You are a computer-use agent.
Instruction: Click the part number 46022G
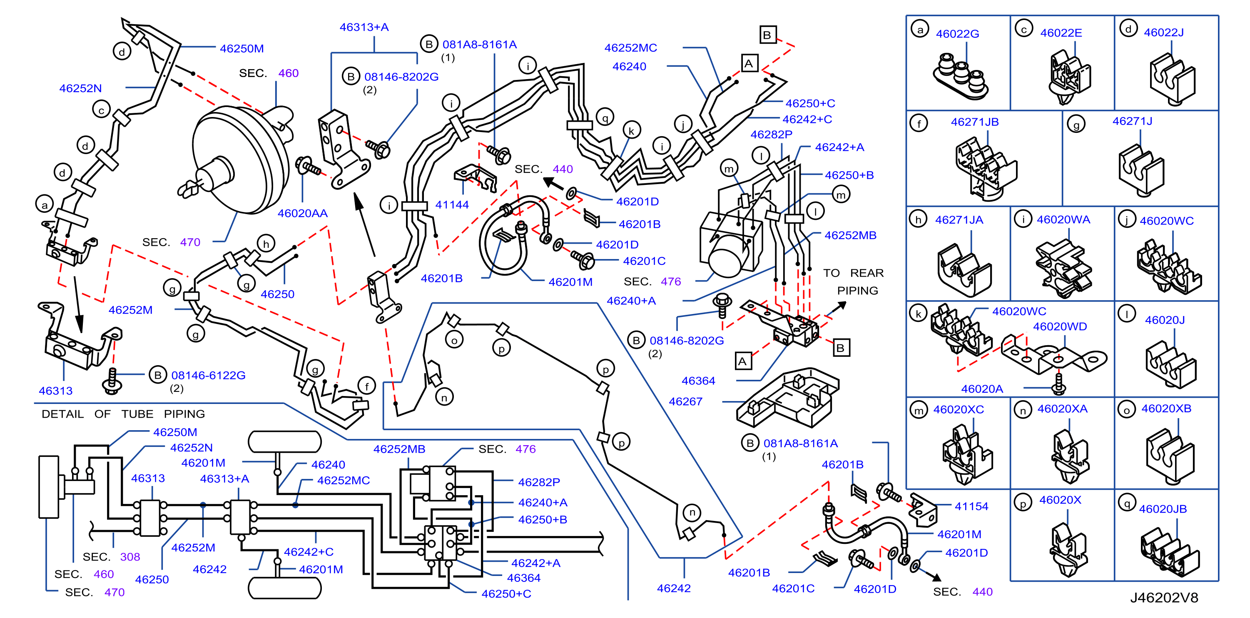click(x=957, y=34)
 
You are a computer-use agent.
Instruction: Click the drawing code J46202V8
click(x=1164, y=598)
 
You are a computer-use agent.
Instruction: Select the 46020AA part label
click(x=302, y=213)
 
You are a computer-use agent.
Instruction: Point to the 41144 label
click(x=452, y=205)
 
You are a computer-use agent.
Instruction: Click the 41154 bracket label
click(x=971, y=506)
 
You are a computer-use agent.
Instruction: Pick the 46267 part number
click(x=685, y=401)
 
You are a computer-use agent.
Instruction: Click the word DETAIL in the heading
click(x=62, y=414)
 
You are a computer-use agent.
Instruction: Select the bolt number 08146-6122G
click(x=208, y=375)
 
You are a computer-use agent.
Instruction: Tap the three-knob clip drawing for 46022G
click(x=960, y=78)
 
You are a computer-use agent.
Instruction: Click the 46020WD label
click(x=1060, y=327)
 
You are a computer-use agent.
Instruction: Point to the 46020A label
click(x=982, y=389)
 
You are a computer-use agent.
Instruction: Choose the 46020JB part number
click(x=1163, y=509)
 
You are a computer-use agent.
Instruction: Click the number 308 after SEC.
click(x=130, y=557)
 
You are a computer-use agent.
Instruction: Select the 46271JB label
click(x=975, y=122)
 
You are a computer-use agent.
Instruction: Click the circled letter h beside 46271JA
click(x=918, y=219)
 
